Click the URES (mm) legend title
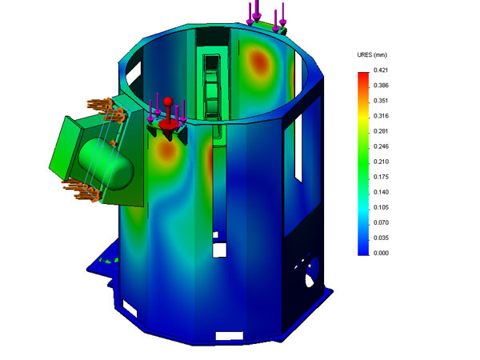(372, 54)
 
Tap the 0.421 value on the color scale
(381, 70)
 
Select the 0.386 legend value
(381, 86)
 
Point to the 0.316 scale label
(381, 116)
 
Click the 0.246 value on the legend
(381, 146)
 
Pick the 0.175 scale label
(381, 177)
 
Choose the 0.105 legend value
(381, 207)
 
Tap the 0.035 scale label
(381, 238)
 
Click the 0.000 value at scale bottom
(381, 253)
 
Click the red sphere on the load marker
(168, 102)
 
